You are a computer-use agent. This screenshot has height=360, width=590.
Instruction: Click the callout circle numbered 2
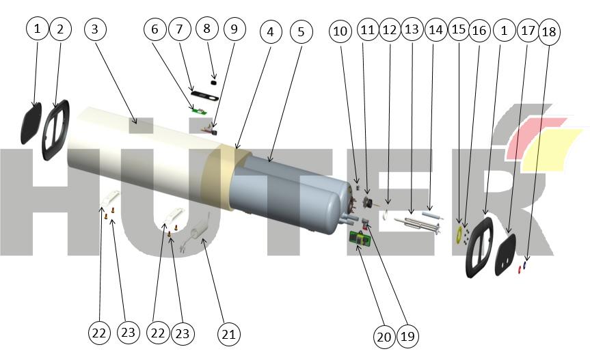tap(59, 29)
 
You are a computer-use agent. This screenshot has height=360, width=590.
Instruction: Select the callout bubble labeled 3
tap(96, 29)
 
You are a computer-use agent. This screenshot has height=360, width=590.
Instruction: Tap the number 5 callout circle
tap(301, 31)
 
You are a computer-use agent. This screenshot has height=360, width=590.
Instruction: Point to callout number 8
tap(207, 29)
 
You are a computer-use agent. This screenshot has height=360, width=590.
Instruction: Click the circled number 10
tap(342, 31)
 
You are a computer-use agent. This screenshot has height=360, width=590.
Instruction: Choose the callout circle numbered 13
tap(412, 31)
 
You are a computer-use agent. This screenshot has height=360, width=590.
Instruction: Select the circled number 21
tap(228, 334)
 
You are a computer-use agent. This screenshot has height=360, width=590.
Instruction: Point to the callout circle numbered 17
tap(527, 31)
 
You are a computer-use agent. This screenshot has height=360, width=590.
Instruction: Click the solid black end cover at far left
tap(31, 123)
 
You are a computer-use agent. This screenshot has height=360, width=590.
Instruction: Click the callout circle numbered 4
tap(271, 32)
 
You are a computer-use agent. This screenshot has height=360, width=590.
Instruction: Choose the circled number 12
tap(389, 31)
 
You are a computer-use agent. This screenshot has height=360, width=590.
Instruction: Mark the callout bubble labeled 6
tap(155, 29)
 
